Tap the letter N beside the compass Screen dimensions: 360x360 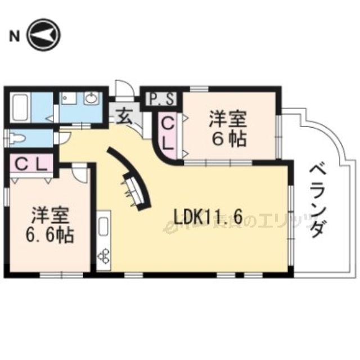point(13,37)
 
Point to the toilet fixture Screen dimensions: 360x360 point(18,137)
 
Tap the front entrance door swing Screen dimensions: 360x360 point(123,90)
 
